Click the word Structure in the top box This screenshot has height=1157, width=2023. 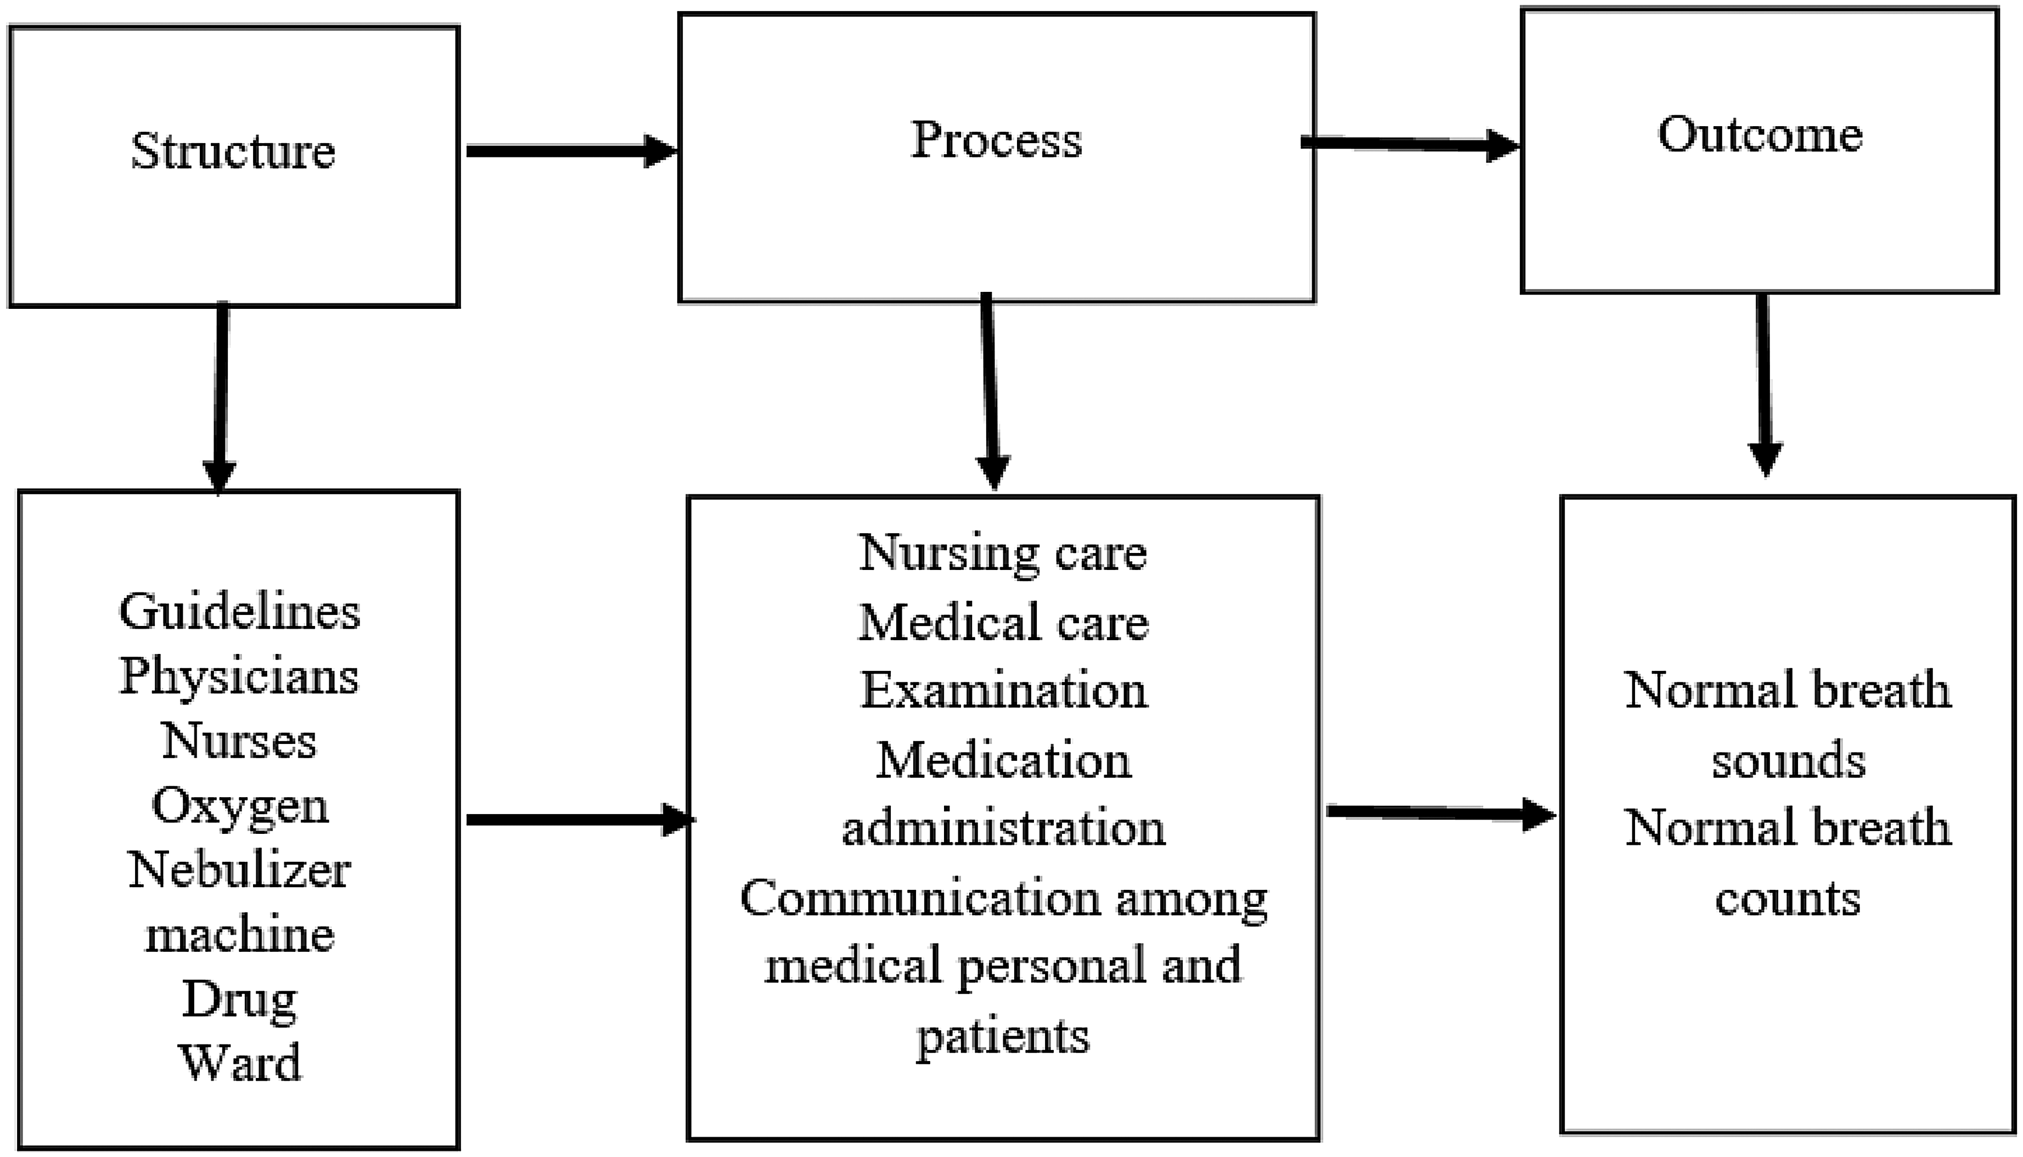[x=233, y=151]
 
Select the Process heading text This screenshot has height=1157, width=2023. [x=996, y=140]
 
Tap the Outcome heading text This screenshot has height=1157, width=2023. [x=1760, y=134]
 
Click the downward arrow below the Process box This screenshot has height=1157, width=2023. [x=991, y=391]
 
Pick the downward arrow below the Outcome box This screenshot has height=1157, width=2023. [x=1764, y=386]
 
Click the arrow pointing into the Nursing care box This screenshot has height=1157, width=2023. [x=580, y=819]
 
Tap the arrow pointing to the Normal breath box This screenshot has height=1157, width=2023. [x=1441, y=813]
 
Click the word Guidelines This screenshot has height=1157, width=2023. [x=239, y=613]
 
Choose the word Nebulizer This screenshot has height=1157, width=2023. [x=239, y=870]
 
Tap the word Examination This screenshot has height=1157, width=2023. [x=1004, y=690]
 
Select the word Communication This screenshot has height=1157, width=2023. [x=920, y=898]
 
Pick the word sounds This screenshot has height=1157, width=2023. [x=1788, y=760]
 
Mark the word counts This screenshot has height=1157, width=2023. [x=1788, y=899]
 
